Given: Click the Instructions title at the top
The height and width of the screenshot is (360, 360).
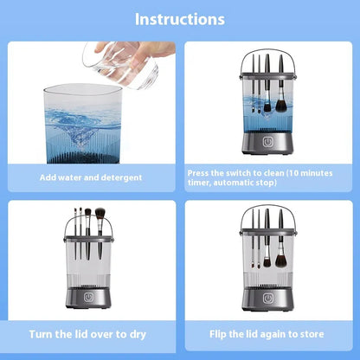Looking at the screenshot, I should (x=180, y=18).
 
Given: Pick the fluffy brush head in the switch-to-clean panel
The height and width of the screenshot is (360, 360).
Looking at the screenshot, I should (x=265, y=106).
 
